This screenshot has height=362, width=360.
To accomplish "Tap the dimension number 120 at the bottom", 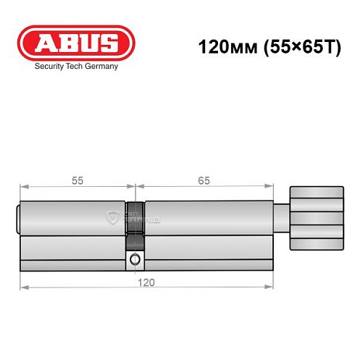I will (147, 281).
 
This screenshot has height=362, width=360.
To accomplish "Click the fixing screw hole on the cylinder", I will (134, 260).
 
